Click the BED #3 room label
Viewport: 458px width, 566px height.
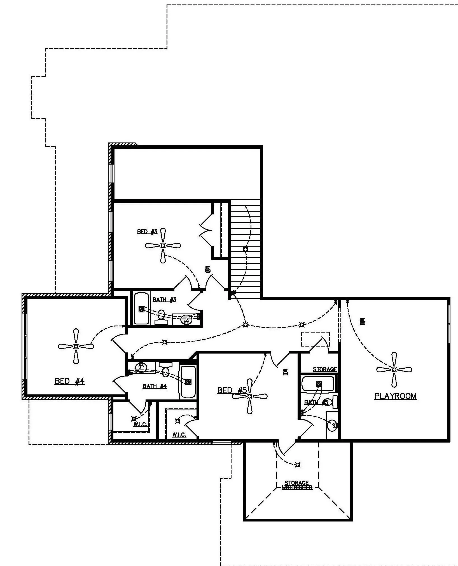(x=147, y=232)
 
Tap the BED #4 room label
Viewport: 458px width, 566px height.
(x=69, y=381)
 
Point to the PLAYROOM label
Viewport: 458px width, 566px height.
(x=395, y=396)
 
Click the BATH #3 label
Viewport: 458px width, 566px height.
(x=164, y=300)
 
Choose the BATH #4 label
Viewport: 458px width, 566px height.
(x=155, y=386)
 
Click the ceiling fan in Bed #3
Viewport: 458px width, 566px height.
(x=163, y=245)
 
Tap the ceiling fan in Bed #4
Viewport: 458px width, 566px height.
(x=76, y=346)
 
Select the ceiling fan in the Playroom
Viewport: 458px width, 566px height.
(x=394, y=370)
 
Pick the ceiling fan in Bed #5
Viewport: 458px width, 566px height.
(x=250, y=396)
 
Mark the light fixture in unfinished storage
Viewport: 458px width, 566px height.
(x=298, y=465)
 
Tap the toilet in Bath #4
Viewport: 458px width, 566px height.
(x=166, y=369)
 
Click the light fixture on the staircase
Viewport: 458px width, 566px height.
(x=246, y=249)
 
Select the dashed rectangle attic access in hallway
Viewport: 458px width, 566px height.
(x=315, y=339)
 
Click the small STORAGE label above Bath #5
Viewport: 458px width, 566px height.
(x=325, y=369)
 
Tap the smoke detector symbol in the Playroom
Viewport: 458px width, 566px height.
(x=363, y=321)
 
